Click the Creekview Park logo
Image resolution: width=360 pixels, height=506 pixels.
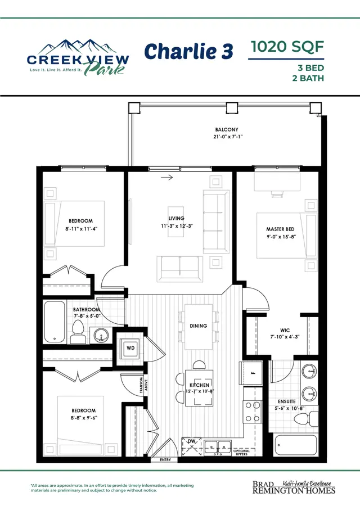[78, 58]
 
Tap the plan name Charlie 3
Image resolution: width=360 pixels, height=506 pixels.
[188, 52]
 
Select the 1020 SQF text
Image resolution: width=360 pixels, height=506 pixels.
[287, 47]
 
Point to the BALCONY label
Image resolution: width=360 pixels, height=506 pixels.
[227, 129]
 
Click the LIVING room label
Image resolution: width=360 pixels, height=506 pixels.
[176, 218]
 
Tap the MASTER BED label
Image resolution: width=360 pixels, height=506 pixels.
[280, 229]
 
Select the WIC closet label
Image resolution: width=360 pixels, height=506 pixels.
[285, 330]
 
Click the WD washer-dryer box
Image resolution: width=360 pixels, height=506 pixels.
[130, 348]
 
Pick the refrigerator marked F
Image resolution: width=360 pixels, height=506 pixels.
[250, 373]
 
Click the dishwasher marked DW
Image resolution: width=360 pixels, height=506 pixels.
[191, 446]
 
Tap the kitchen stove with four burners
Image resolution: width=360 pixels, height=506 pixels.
[253, 412]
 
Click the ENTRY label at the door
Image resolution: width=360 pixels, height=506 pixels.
[165, 459]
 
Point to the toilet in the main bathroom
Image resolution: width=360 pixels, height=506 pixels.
[78, 332]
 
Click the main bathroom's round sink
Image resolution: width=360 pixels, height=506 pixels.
[101, 335]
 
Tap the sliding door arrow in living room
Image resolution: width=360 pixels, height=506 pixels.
[166, 177]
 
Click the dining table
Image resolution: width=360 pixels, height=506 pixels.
[199, 327]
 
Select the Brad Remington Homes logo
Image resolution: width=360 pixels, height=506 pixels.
[294, 487]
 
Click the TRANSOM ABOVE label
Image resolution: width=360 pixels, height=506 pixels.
[143, 385]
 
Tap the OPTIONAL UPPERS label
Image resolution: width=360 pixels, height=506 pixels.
[241, 453]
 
